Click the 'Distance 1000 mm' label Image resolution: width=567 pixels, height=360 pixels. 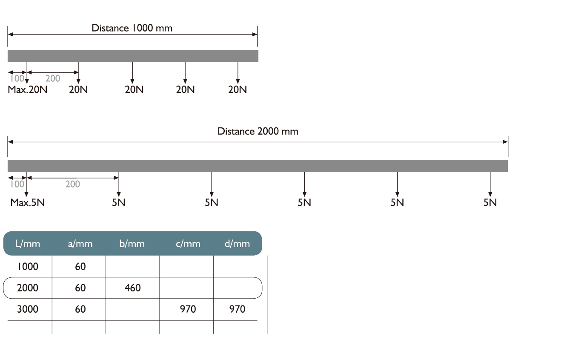[132, 28]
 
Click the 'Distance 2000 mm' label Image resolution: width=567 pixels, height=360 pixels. [258, 131]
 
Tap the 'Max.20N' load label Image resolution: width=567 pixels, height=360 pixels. [27, 90]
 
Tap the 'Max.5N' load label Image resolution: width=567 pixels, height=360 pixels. [28, 202]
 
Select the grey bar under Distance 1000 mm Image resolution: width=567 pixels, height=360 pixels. [133, 56]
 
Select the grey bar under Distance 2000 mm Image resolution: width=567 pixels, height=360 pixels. [258, 166]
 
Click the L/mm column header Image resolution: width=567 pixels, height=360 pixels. [27, 244]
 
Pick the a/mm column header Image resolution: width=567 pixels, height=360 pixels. [80, 244]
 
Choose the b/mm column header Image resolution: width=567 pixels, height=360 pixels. [132, 244]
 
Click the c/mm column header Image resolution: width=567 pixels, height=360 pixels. [188, 244]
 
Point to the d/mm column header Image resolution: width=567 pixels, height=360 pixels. [237, 244]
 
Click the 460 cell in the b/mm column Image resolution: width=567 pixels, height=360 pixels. [132, 288]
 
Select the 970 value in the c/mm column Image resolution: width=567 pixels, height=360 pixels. [188, 309]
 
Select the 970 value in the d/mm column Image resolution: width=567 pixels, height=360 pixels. [237, 309]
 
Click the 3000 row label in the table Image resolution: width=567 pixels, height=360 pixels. [27, 309]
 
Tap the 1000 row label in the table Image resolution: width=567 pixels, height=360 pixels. [27, 267]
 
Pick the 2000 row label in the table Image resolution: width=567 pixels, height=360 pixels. [27, 288]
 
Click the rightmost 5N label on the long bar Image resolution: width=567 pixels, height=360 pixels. [490, 202]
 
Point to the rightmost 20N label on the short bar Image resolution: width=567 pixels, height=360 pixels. [238, 90]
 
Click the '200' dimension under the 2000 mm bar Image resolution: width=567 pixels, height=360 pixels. [73, 184]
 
